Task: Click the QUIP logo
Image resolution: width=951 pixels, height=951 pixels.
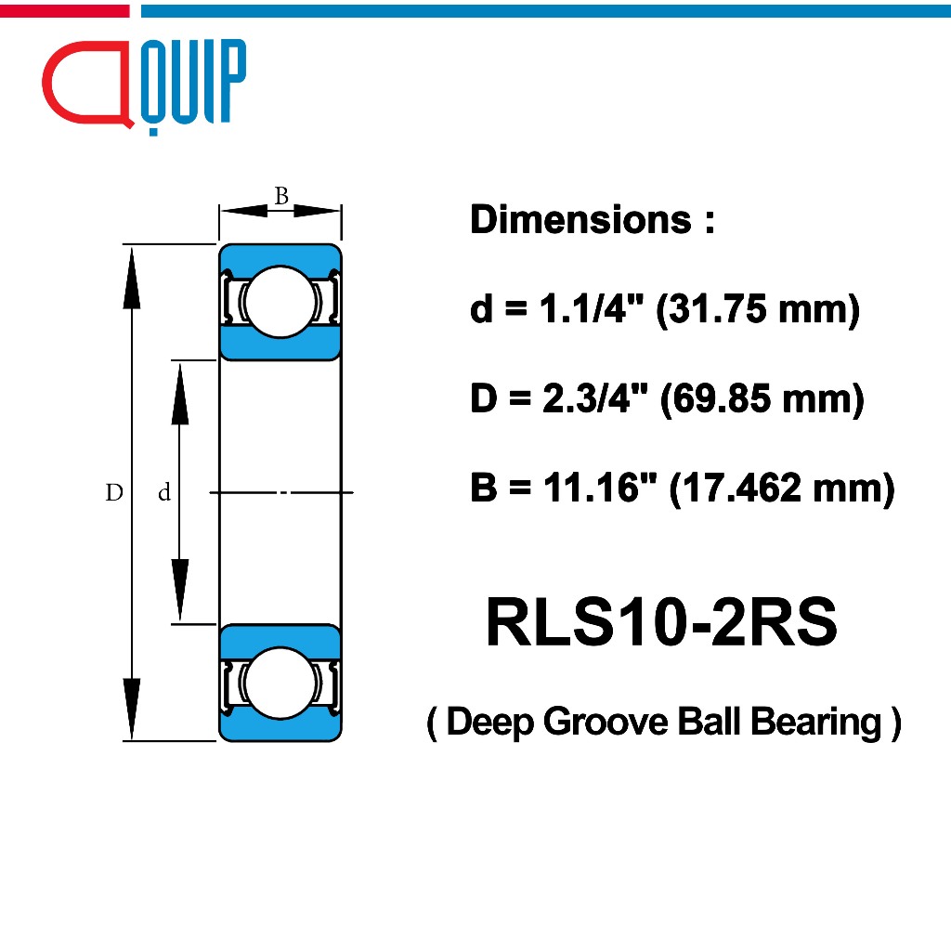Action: (x=145, y=84)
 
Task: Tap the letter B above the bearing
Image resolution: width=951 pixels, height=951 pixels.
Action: (x=281, y=196)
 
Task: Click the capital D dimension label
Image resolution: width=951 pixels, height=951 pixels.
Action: (x=114, y=493)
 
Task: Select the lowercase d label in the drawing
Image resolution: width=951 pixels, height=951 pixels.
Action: (x=164, y=494)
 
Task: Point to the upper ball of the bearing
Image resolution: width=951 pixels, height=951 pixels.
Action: (x=280, y=301)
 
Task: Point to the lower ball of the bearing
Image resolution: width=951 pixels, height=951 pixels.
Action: (x=280, y=684)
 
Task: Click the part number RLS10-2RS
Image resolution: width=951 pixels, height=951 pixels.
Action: (x=661, y=623)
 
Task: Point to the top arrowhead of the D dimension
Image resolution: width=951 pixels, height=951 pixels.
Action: (x=132, y=275)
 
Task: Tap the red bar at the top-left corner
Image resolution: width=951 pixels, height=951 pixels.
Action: (x=64, y=10)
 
